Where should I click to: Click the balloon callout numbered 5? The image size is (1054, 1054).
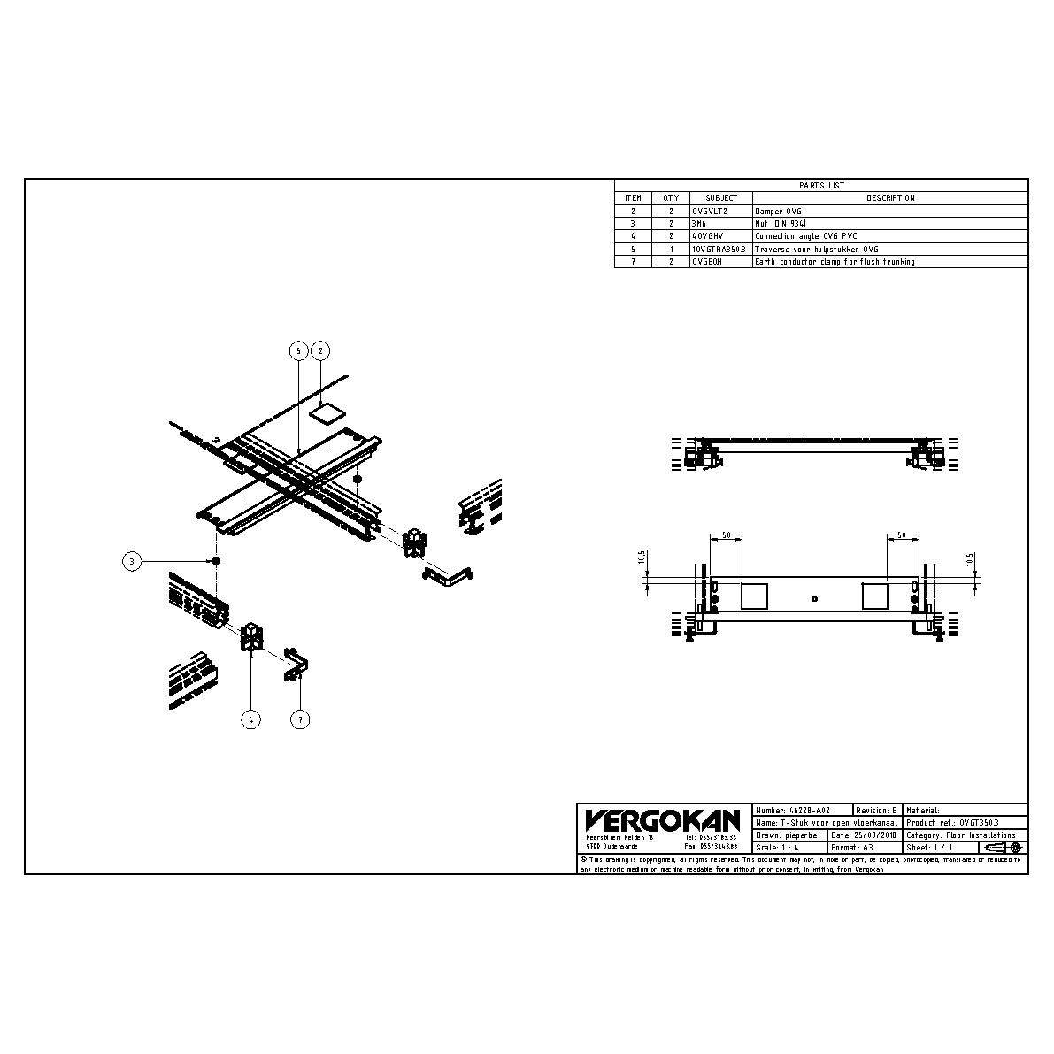(x=299, y=351)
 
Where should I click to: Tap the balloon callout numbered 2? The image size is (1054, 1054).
(x=321, y=351)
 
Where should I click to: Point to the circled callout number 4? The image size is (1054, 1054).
(x=251, y=719)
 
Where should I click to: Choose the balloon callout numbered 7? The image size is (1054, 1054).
(x=300, y=719)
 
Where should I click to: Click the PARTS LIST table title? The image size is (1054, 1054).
(x=821, y=186)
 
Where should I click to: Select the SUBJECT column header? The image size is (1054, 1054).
(x=720, y=198)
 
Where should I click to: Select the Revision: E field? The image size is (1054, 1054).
(x=877, y=810)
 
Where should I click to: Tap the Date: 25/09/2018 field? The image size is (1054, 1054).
(x=864, y=835)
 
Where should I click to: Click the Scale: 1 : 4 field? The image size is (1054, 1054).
(x=779, y=848)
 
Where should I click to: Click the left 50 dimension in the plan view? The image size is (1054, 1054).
(x=726, y=536)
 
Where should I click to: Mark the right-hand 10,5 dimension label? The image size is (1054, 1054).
(x=970, y=560)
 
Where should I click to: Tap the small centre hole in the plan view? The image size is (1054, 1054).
(x=814, y=599)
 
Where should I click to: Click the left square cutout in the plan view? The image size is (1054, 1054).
(x=755, y=596)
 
